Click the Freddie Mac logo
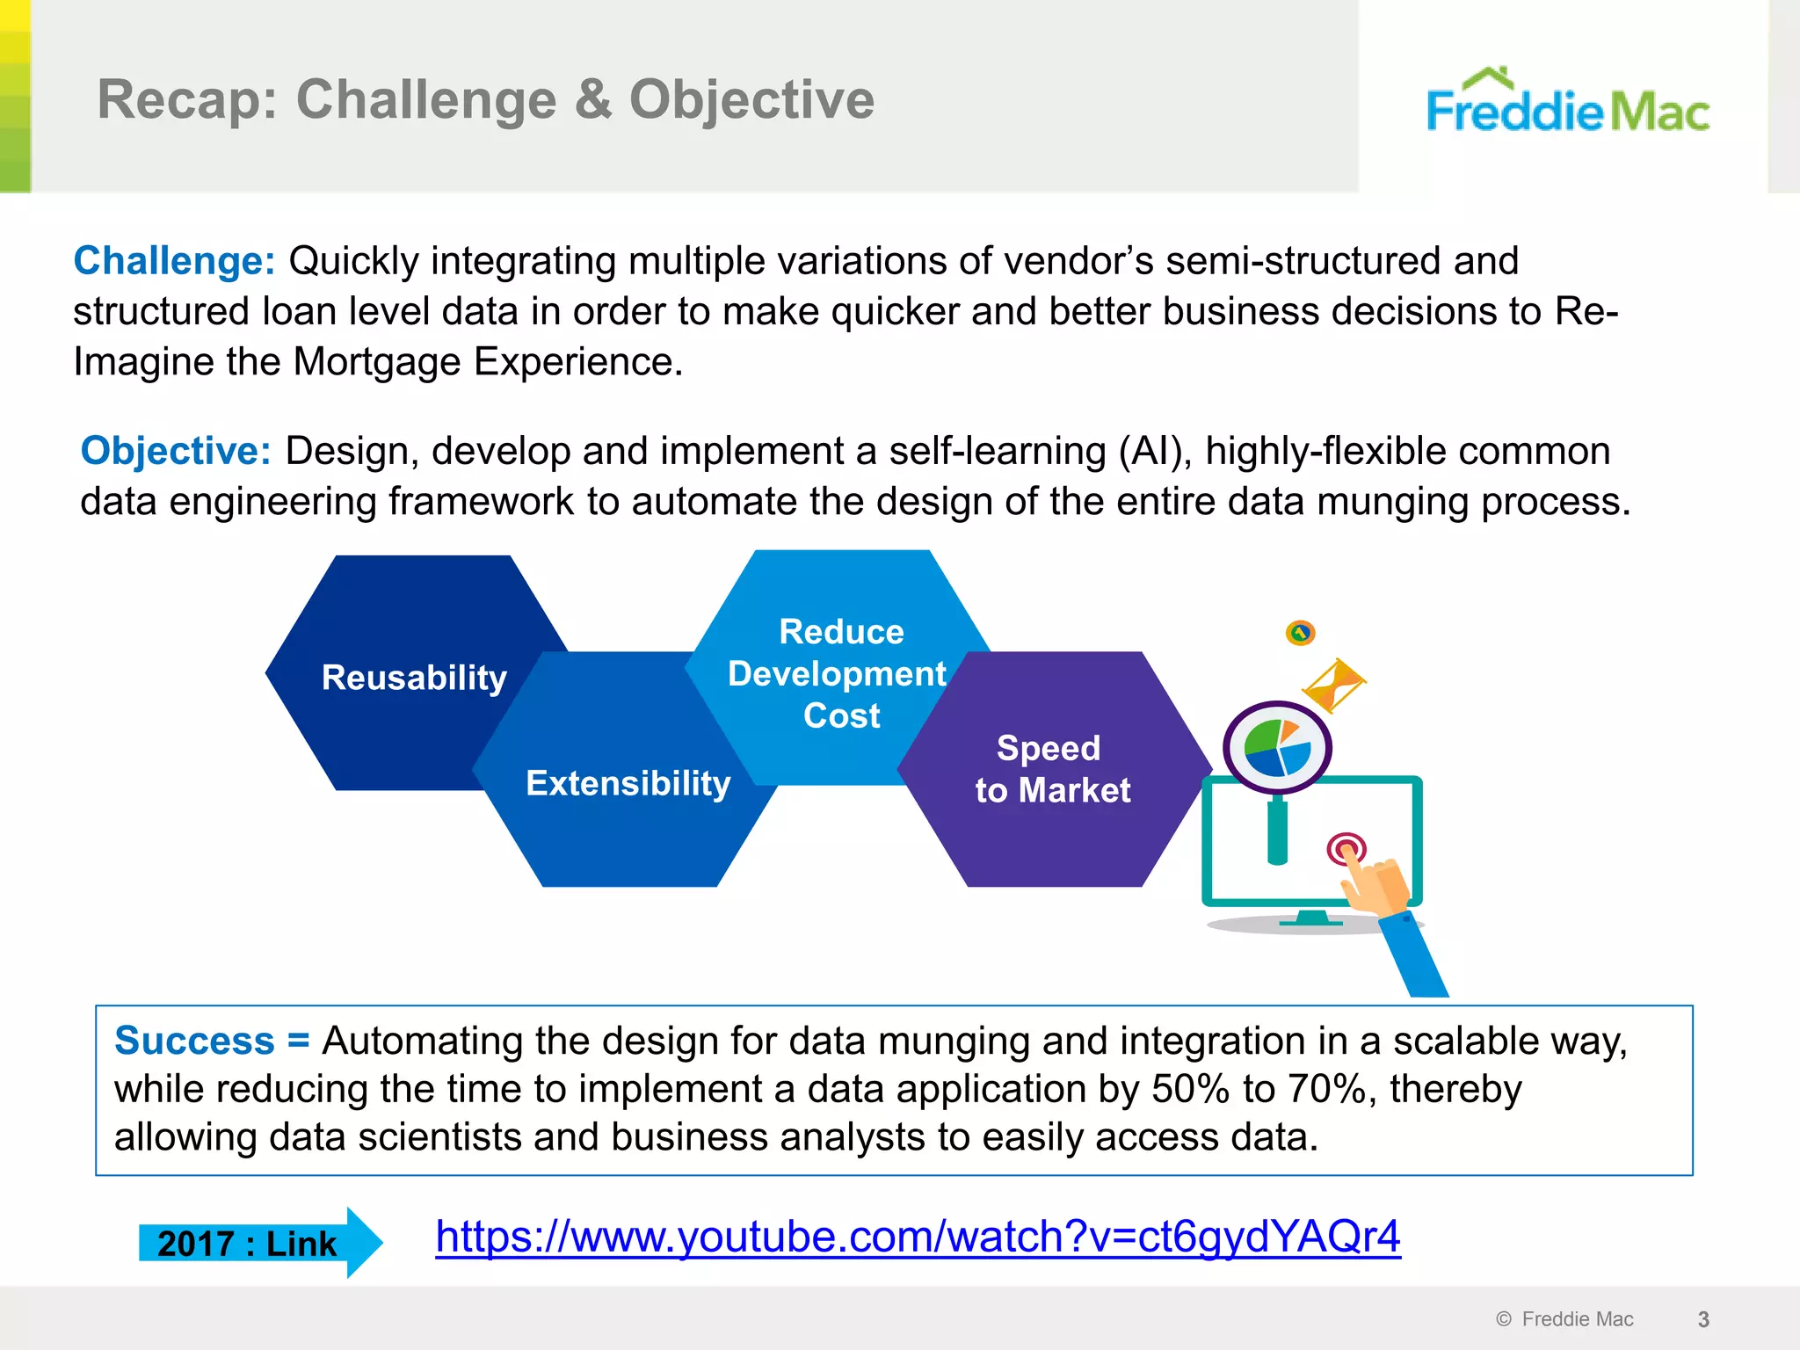click(1567, 104)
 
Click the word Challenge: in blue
click(174, 261)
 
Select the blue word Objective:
click(176, 451)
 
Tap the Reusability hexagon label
click(414, 678)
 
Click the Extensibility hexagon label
click(628, 783)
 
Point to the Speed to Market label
click(1052, 769)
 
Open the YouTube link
click(917, 1237)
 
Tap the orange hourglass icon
click(1333, 686)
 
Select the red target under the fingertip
click(1346, 848)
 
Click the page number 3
click(1702, 1319)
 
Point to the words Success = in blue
click(212, 1041)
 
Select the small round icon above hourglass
click(1300, 633)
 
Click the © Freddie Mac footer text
click(1564, 1319)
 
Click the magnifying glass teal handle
click(1277, 831)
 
